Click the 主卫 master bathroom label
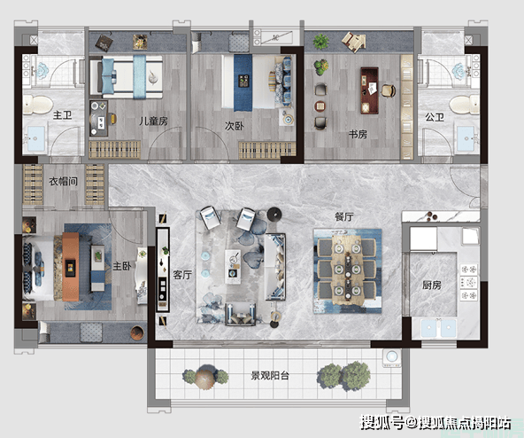[x=63, y=115]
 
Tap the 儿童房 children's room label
[x=153, y=121]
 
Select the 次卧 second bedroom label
[x=234, y=126]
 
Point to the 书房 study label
[x=358, y=134]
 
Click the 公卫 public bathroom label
[x=435, y=117]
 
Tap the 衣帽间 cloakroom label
[x=63, y=182]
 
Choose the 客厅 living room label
[x=182, y=275]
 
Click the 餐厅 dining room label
[x=343, y=216]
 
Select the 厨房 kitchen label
[x=431, y=285]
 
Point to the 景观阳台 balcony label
[x=270, y=376]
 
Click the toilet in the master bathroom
[x=38, y=104]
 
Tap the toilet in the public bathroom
[x=464, y=105]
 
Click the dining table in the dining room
[x=348, y=270]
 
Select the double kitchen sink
[x=438, y=328]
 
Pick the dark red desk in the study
[x=370, y=90]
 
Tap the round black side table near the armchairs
[x=274, y=215]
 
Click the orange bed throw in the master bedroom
[x=71, y=267]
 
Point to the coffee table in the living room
[x=233, y=267]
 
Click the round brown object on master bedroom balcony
[x=137, y=332]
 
